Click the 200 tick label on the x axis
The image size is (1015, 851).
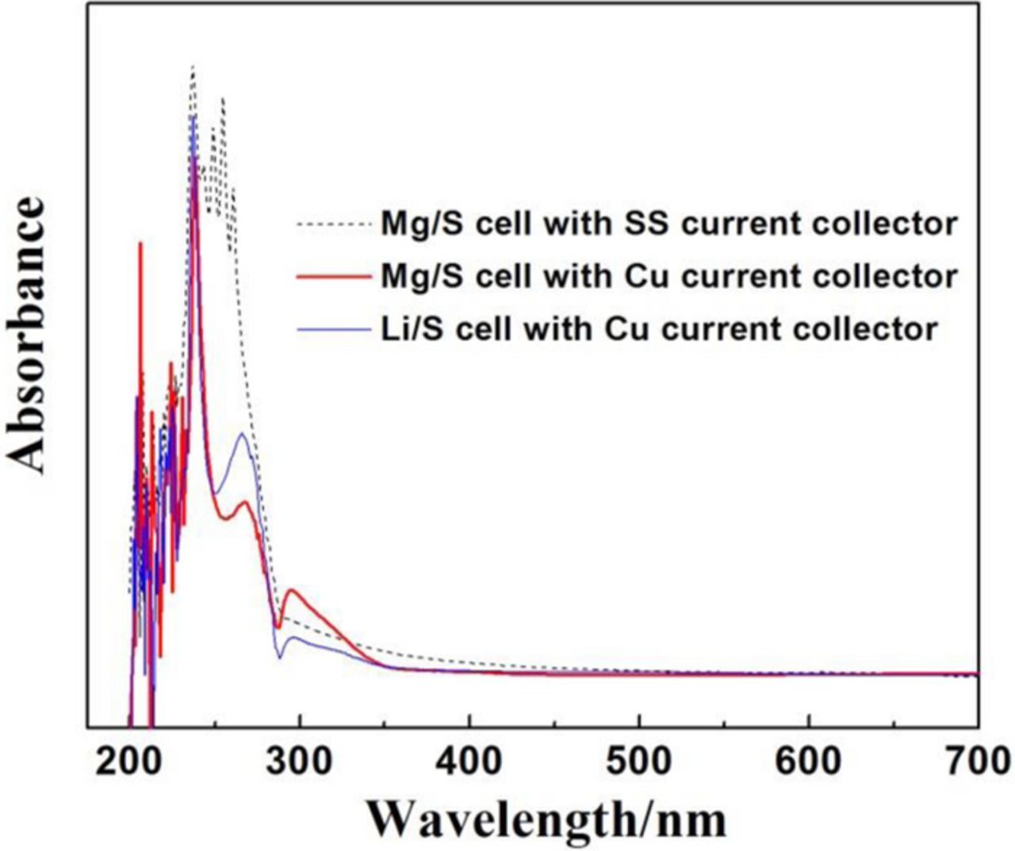click(x=127, y=761)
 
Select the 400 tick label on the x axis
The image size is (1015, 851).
click(x=469, y=761)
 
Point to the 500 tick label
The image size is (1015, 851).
click(x=639, y=761)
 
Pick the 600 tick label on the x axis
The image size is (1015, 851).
click(x=809, y=761)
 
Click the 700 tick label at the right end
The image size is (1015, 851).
click(x=979, y=761)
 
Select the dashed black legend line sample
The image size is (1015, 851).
click(x=334, y=225)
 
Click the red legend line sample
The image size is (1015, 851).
click(x=334, y=277)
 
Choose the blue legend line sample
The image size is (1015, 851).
click(x=334, y=328)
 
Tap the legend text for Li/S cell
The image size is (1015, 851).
click(x=658, y=328)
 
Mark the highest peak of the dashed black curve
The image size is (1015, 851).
click(x=193, y=67)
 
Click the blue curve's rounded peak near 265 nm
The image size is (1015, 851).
click(x=243, y=434)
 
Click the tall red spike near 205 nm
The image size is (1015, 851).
click(x=140, y=243)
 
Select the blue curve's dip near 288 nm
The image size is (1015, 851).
click(x=279, y=657)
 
